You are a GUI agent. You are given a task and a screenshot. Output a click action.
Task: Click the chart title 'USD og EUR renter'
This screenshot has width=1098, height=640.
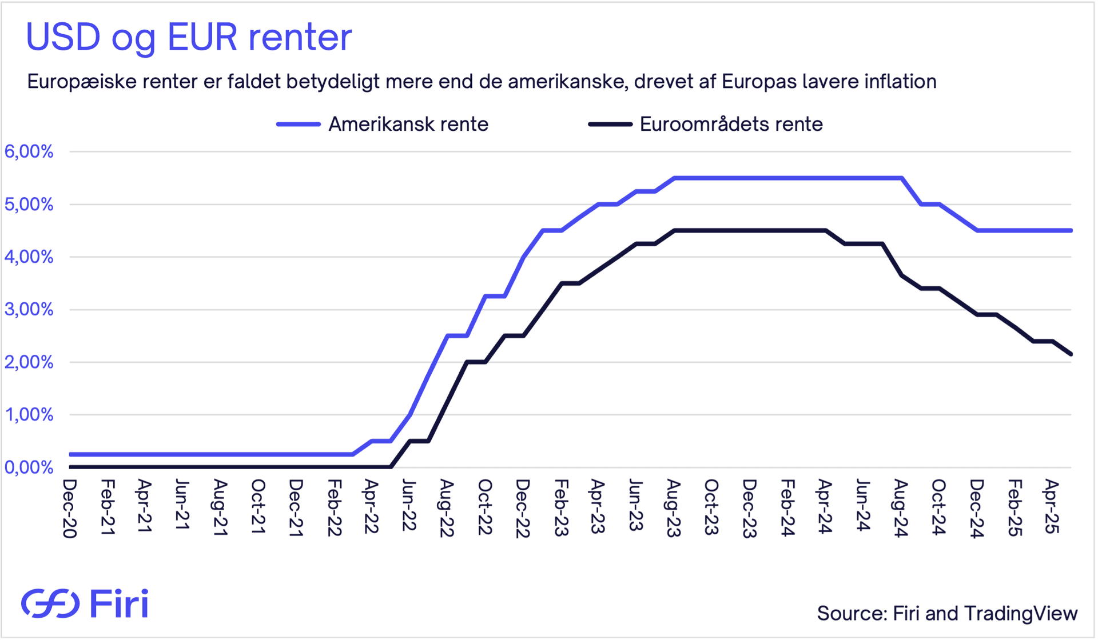click(189, 38)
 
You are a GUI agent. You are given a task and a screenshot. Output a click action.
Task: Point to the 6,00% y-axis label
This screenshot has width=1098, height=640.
click(29, 151)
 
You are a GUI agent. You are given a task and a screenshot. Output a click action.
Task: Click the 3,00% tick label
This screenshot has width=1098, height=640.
click(29, 310)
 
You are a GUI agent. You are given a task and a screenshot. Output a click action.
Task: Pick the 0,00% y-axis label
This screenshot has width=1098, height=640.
click(29, 467)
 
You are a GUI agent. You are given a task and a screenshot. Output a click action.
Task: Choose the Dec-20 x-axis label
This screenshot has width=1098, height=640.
click(69, 508)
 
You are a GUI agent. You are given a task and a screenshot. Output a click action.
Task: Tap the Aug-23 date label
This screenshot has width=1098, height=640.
click(674, 508)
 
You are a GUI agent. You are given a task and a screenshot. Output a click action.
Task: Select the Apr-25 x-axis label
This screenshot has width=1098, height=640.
click(1052, 506)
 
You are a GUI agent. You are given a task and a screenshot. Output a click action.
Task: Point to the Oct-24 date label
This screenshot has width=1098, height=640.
click(938, 507)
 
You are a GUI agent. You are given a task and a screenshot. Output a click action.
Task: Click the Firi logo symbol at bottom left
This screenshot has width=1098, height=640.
click(50, 603)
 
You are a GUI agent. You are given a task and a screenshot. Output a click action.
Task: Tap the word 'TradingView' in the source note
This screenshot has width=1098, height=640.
click(1021, 613)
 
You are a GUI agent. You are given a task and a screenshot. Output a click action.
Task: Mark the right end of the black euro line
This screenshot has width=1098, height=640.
click(1071, 354)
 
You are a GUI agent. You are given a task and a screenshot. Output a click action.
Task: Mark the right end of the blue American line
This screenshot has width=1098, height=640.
click(1071, 230)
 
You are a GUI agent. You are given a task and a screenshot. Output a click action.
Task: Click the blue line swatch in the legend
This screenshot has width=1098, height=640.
click(298, 124)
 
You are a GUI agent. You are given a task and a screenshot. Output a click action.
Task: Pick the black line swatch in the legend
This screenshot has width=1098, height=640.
click(610, 124)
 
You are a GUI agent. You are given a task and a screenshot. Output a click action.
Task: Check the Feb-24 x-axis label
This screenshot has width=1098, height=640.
click(787, 508)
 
